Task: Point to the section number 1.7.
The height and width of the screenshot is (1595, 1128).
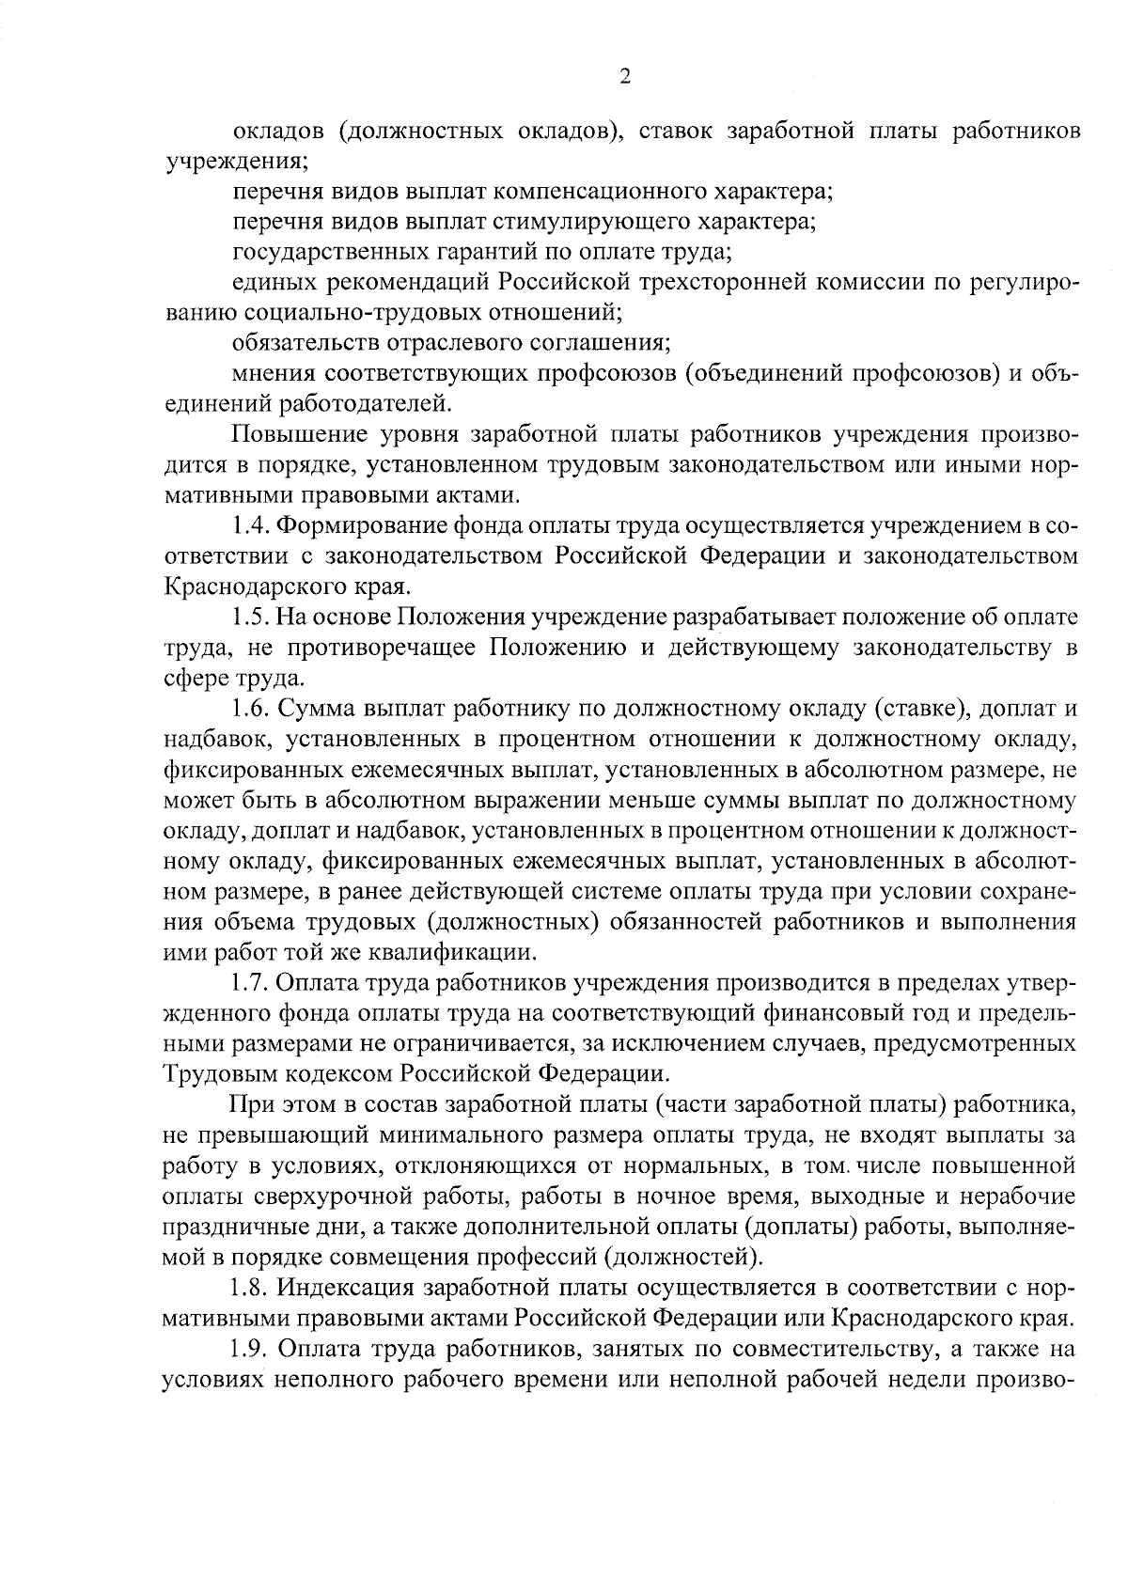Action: coord(249,983)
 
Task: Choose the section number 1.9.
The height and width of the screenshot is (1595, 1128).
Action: coord(249,1349)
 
